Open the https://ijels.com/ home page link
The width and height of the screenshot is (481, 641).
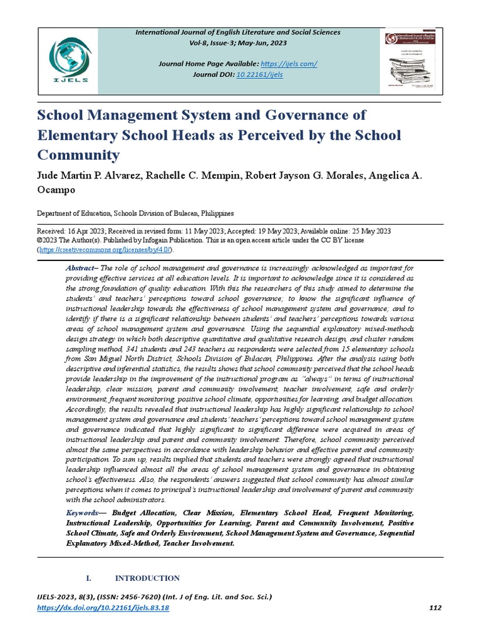[x=290, y=64]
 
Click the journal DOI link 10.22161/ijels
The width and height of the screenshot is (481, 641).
[x=259, y=74]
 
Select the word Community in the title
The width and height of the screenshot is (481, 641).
[x=79, y=155]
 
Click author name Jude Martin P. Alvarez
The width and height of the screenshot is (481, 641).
[x=89, y=175]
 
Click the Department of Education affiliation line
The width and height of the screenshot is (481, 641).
[x=136, y=213]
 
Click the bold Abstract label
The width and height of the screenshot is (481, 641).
[x=80, y=268]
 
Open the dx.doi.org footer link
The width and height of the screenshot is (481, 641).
[x=103, y=608]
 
